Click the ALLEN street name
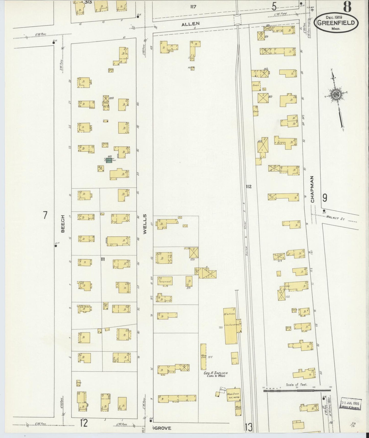click(x=190, y=24)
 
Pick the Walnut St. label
click(x=336, y=217)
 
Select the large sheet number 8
click(x=347, y=7)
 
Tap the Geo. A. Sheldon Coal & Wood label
click(x=215, y=374)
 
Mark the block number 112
click(x=248, y=187)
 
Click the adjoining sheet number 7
click(x=45, y=215)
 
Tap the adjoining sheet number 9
click(x=325, y=198)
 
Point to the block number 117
click(x=193, y=7)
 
